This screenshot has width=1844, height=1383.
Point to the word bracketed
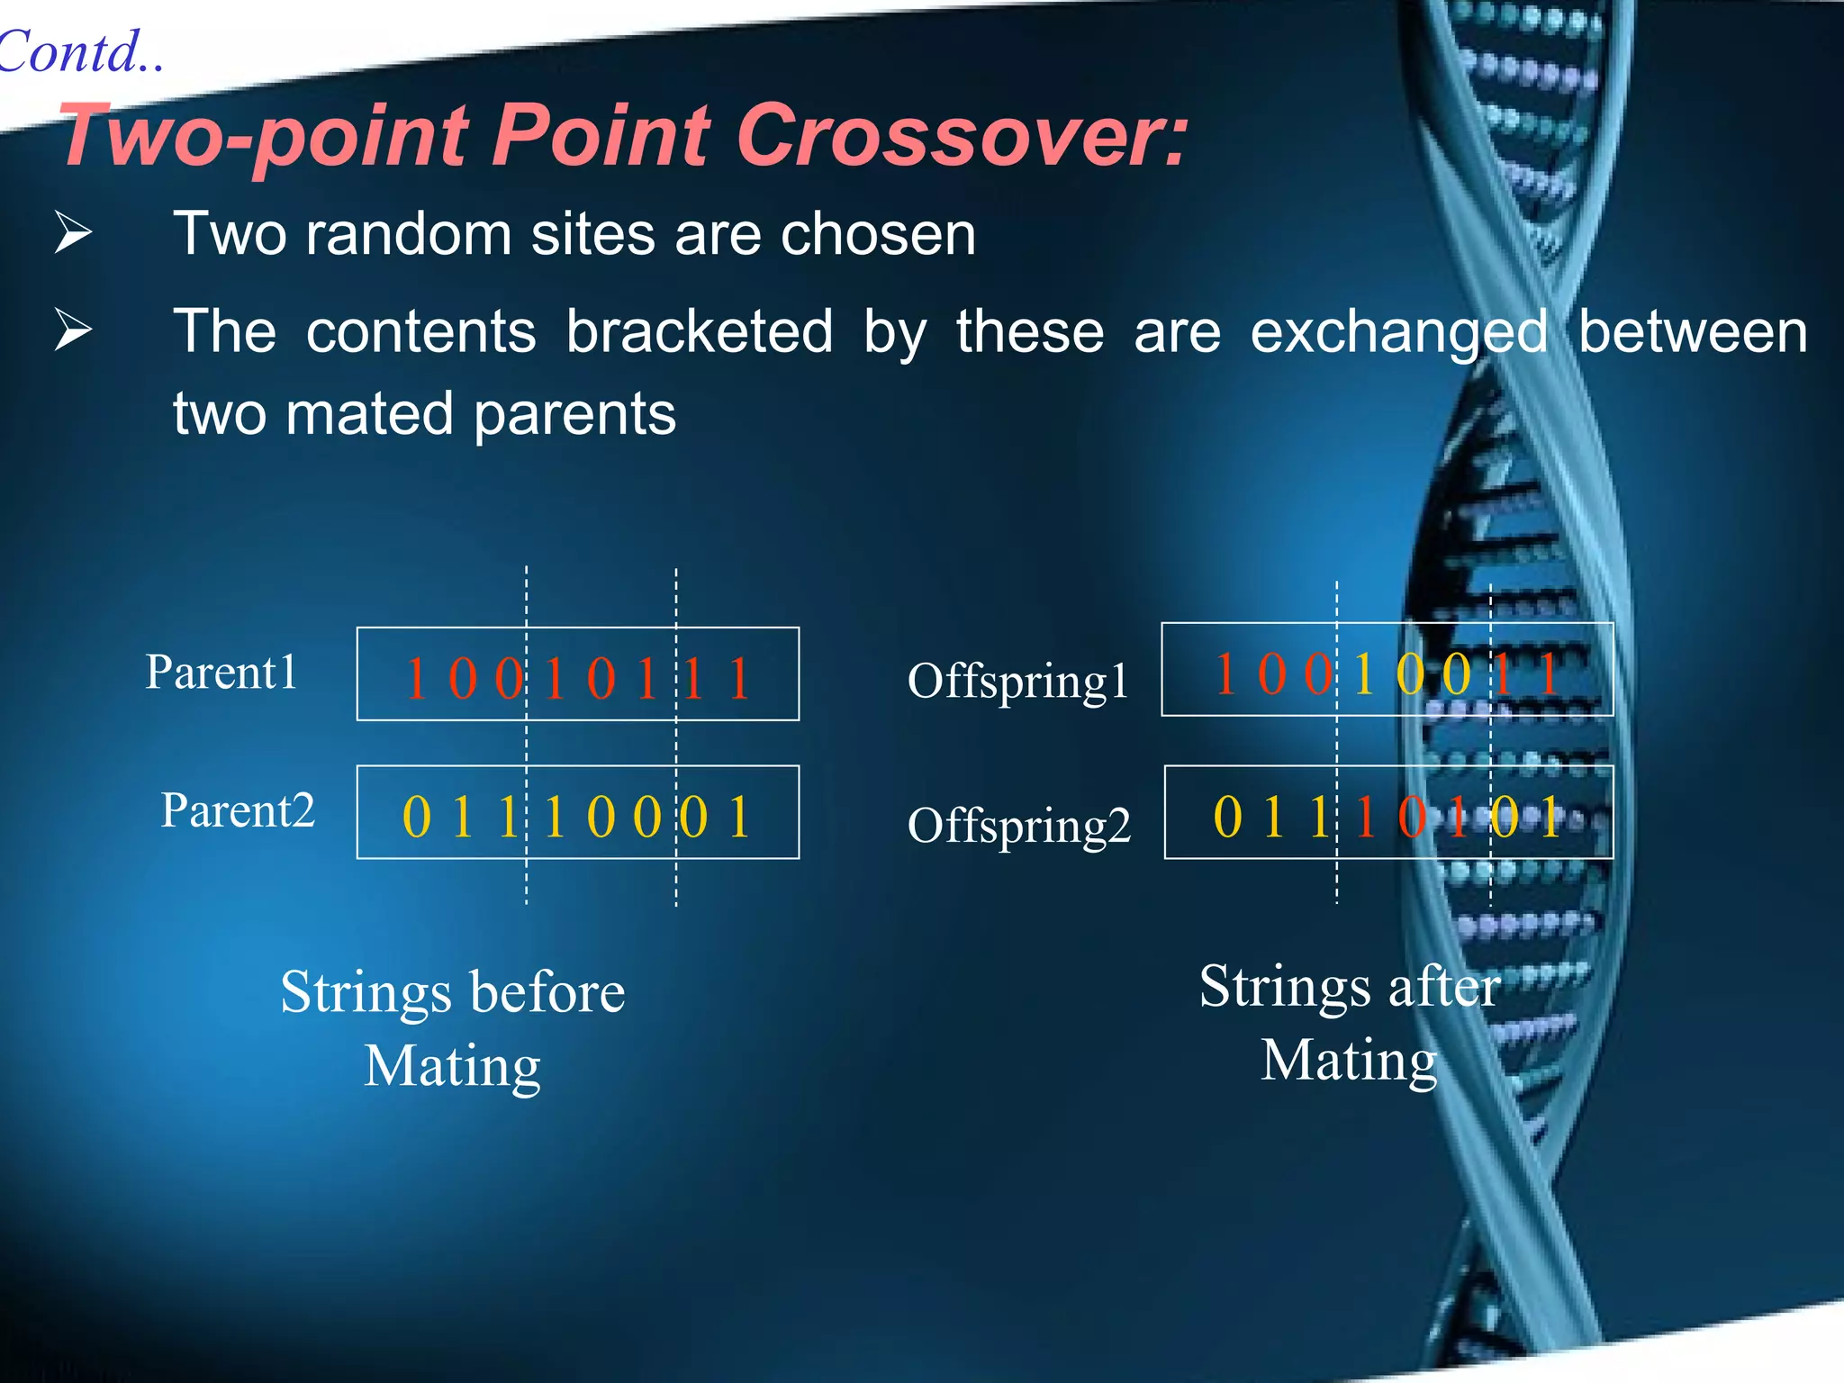click(x=700, y=331)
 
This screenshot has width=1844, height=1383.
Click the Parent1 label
click(x=221, y=672)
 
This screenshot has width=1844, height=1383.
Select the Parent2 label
click(x=238, y=810)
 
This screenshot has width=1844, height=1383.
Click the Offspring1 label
click(x=1018, y=681)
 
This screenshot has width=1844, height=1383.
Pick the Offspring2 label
click(x=1019, y=826)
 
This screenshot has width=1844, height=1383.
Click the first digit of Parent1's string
click(x=415, y=679)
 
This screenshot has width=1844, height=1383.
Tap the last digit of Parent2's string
click(x=739, y=818)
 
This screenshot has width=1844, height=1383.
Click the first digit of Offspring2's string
click(x=1227, y=818)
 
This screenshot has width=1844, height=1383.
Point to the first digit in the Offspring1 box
click(x=1225, y=673)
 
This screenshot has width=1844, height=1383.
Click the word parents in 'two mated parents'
click(x=574, y=414)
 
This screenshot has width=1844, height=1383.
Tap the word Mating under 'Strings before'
click(x=452, y=1066)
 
